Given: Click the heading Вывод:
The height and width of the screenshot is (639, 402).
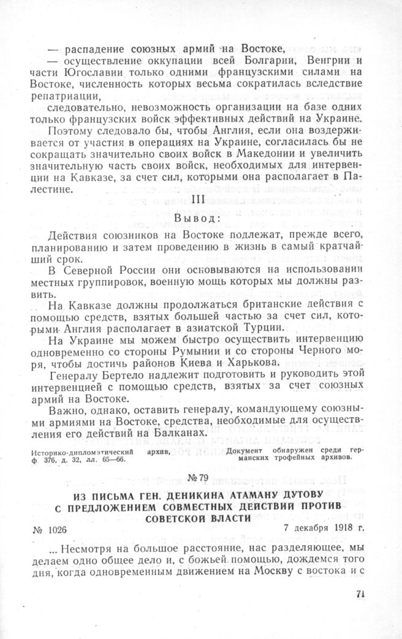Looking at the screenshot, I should pyautogui.click(x=198, y=219).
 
